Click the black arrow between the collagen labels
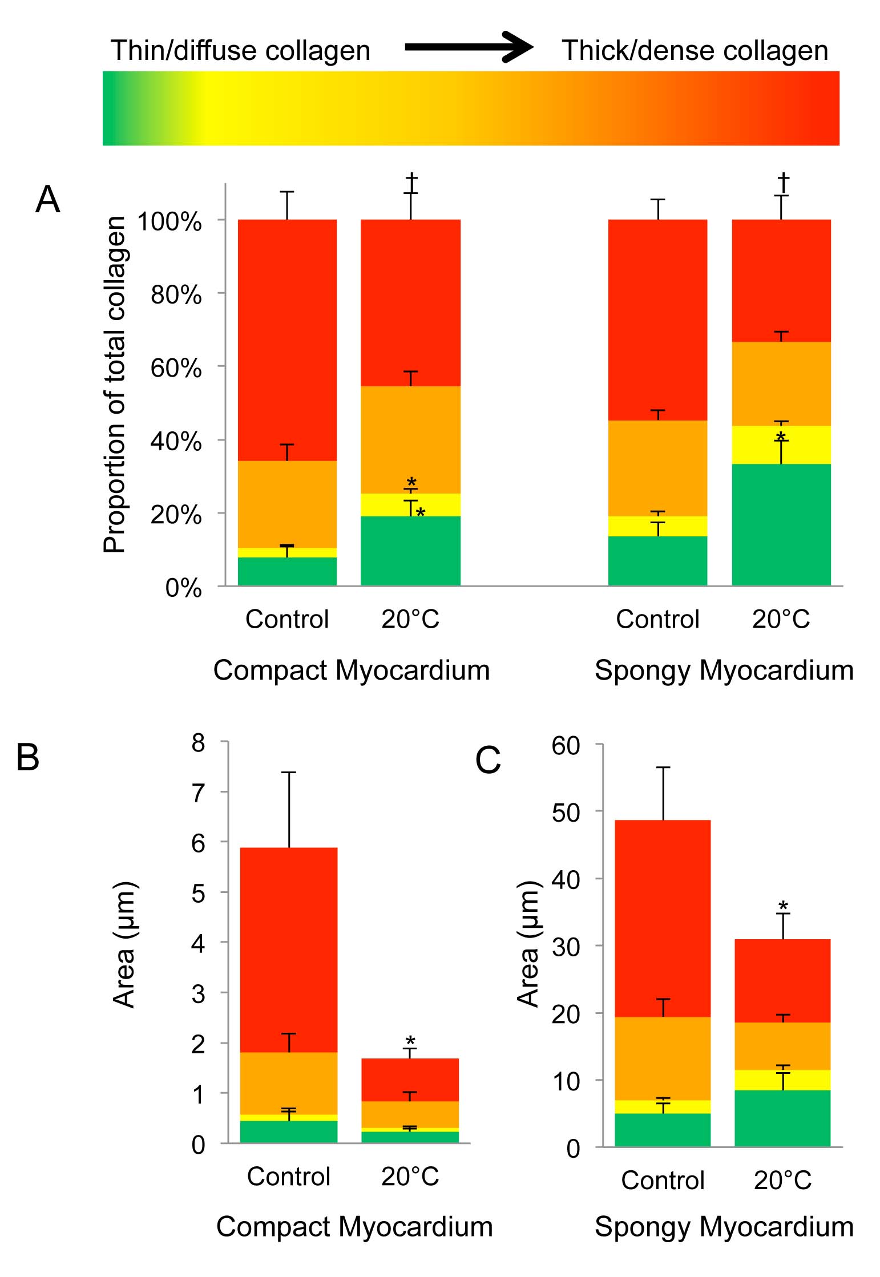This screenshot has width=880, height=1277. tap(468, 48)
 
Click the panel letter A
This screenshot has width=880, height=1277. tap(47, 200)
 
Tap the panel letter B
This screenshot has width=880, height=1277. tap(27, 758)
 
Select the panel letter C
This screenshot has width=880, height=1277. tap(488, 761)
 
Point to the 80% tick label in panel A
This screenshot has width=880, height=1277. tap(176, 295)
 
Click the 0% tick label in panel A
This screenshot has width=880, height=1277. tap(183, 588)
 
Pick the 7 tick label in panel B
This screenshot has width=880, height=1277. tap(198, 793)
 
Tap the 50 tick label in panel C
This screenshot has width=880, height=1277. tap(566, 813)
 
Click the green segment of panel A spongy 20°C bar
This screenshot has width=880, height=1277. tap(781, 524)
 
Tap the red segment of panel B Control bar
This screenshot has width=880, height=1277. tap(288, 949)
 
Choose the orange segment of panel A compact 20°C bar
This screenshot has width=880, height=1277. tap(410, 439)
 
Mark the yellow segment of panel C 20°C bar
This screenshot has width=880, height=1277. tap(782, 1080)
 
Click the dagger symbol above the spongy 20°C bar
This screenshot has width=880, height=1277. tap(784, 183)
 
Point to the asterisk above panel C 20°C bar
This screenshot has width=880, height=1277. tap(783, 906)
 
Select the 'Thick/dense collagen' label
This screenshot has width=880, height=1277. tap(695, 50)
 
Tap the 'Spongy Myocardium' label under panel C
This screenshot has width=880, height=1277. tap(724, 1227)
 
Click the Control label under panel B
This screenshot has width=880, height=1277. tap(288, 1177)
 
